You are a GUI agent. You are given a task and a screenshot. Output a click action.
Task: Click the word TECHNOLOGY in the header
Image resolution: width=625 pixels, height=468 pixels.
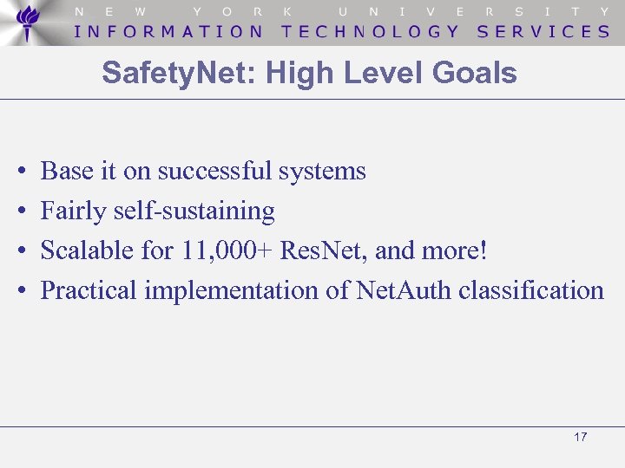[371, 31]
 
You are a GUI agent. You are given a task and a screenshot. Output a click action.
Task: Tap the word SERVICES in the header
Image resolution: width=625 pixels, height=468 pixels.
[543, 31]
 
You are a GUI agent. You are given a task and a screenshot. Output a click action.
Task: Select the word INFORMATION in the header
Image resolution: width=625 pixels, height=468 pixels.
[169, 31]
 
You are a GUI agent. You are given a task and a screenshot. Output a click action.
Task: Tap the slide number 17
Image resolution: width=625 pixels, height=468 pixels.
[581, 437]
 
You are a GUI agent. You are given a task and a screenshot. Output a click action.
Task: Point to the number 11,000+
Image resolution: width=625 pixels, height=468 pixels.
[228, 250]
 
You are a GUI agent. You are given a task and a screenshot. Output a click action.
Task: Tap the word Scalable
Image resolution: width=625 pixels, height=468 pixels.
[87, 250]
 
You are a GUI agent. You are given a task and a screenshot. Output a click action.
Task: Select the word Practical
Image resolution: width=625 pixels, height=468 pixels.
[89, 290]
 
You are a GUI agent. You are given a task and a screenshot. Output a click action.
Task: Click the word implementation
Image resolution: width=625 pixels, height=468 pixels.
[232, 290]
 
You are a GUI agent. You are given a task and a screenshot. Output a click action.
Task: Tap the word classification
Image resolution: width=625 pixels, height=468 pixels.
[531, 290]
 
